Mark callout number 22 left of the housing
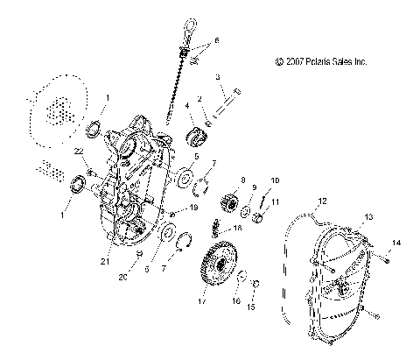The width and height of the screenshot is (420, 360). tap(79, 152)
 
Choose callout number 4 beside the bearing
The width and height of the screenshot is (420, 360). tap(186, 107)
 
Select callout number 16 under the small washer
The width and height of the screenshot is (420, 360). tap(235, 300)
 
